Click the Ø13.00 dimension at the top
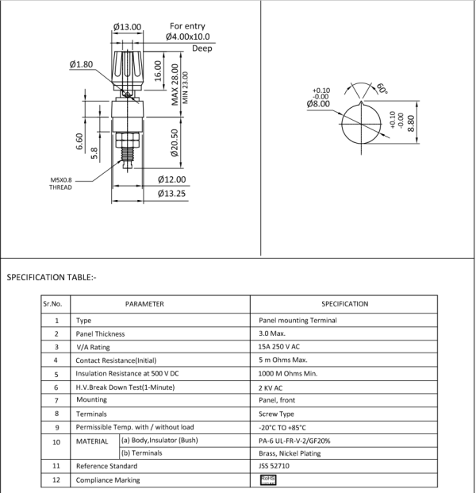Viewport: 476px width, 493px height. [127, 27]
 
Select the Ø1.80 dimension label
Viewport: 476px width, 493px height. [82, 64]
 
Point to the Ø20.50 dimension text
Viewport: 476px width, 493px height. [175, 143]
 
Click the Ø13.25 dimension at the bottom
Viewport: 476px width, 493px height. [171, 193]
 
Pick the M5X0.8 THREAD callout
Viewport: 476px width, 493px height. [61, 183]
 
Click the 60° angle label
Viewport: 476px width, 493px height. [382, 89]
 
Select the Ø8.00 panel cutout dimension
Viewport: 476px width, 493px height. [318, 104]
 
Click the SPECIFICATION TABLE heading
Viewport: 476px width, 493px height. [52, 278]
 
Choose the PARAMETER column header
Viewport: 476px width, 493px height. [144, 304]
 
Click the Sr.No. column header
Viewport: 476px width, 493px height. [56, 304]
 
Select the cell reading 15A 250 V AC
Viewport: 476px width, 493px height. [281, 347]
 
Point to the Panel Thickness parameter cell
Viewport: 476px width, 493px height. [100, 334]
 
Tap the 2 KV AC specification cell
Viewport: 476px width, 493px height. [271, 387]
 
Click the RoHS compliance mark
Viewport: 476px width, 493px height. [267, 480]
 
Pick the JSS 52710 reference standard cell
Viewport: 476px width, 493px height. [275, 466]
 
